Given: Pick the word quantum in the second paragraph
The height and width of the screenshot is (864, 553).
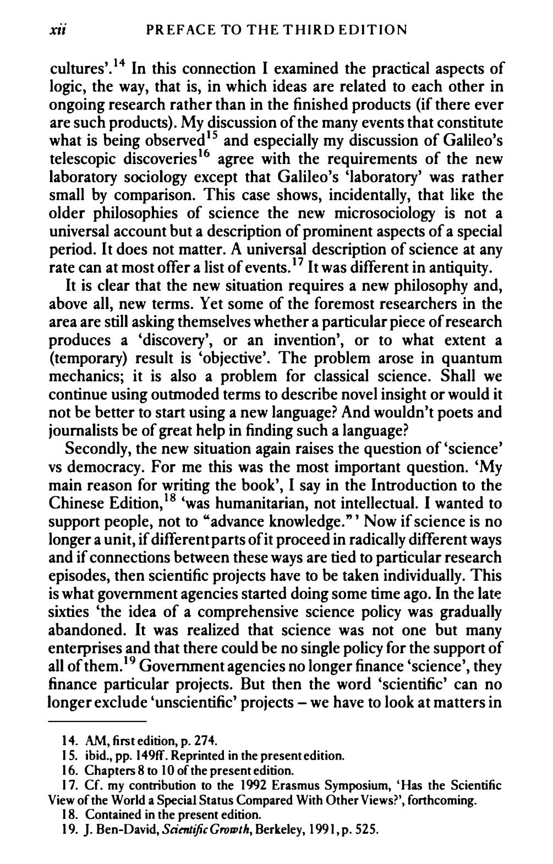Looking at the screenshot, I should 473,359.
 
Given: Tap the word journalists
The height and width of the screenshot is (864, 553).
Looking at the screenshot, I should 87,431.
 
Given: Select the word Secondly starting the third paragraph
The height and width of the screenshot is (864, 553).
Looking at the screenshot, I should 98,449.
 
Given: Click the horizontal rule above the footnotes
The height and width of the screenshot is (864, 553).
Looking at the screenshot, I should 97,721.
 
